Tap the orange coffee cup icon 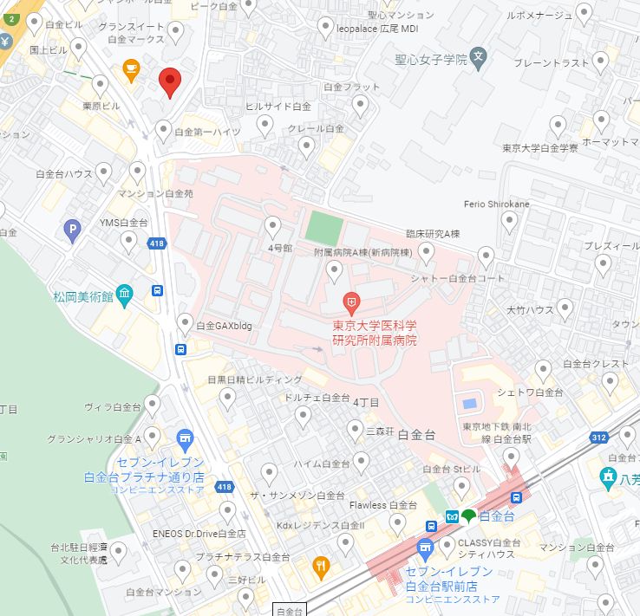[x=131, y=70]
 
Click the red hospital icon [x=351, y=303]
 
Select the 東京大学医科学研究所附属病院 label [x=375, y=333]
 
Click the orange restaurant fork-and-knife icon [x=322, y=567]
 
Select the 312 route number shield [x=598, y=437]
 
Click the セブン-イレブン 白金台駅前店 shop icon [x=424, y=548]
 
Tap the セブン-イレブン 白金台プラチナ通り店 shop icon [x=184, y=439]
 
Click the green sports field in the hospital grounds [x=323, y=226]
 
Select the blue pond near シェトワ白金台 [x=469, y=404]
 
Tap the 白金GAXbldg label [x=224, y=326]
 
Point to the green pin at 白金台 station [x=469, y=516]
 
